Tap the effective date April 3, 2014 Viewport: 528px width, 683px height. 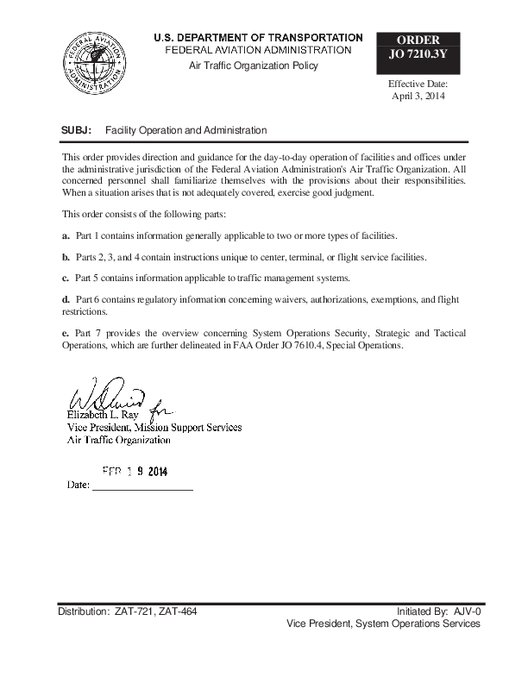coord(418,96)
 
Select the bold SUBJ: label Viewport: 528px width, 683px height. coord(77,130)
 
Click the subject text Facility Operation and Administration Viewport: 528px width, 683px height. coord(185,130)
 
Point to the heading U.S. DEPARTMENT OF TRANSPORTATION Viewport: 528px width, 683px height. coord(258,38)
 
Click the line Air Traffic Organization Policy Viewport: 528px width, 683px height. coord(254,66)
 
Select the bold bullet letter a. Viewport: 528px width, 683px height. coord(66,235)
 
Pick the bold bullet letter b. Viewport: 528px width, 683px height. coord(66,257)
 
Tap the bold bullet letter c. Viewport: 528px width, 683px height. coord(66,279)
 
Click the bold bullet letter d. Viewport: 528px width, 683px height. coord(66,299)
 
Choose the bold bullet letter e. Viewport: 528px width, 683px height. coord(66,332)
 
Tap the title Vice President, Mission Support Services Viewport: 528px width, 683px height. coord(154,427)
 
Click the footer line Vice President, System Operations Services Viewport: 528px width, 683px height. coord(382,623)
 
